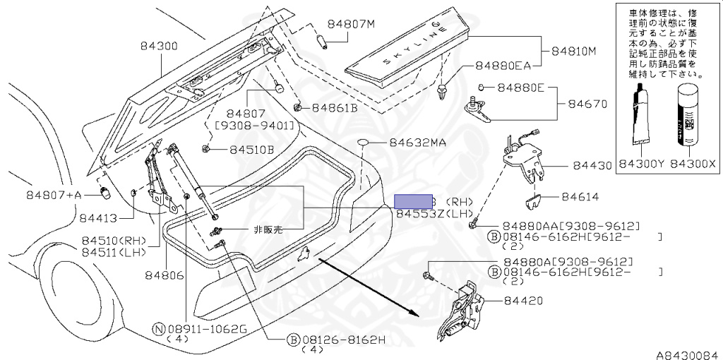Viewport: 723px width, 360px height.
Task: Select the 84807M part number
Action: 350,24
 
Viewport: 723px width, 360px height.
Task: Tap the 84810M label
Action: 574,52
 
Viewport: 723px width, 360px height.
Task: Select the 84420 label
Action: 523,301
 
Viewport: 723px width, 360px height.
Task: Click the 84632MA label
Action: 417,143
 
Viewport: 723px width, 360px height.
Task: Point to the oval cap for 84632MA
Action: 363,143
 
